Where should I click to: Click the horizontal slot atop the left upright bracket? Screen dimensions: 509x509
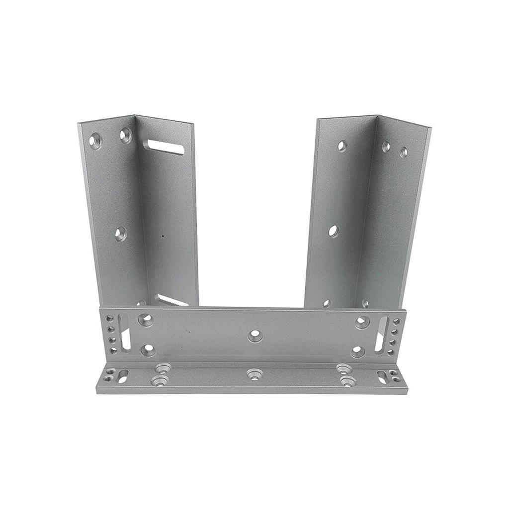[x=164, y=147]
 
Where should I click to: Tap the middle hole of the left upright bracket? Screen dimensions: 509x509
[x=121, y=233]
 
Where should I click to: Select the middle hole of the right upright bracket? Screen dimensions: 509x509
[x=334, y=231]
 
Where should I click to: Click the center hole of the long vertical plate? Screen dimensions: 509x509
[x=255, y=336]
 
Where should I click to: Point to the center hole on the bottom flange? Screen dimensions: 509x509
[x=254, y=374]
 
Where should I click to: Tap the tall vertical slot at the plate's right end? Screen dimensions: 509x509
[x=382, y=335]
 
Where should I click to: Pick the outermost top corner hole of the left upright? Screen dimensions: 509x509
[x=95, y=141]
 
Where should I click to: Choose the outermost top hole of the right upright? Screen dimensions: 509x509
[x=403, y=152]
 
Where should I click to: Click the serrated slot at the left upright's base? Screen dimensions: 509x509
[x=171, y=300]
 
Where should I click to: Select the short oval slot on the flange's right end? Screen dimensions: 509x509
[x=382, y=377]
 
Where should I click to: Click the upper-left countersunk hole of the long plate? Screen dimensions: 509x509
[x=146, y=320]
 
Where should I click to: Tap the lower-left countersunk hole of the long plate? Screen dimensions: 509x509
[x=148, y=350]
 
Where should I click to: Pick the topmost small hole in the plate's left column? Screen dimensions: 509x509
[x=110, y=318]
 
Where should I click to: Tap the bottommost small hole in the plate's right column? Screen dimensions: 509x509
[x=390, y=352]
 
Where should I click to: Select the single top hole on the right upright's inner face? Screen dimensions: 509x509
[x=342, y=146]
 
